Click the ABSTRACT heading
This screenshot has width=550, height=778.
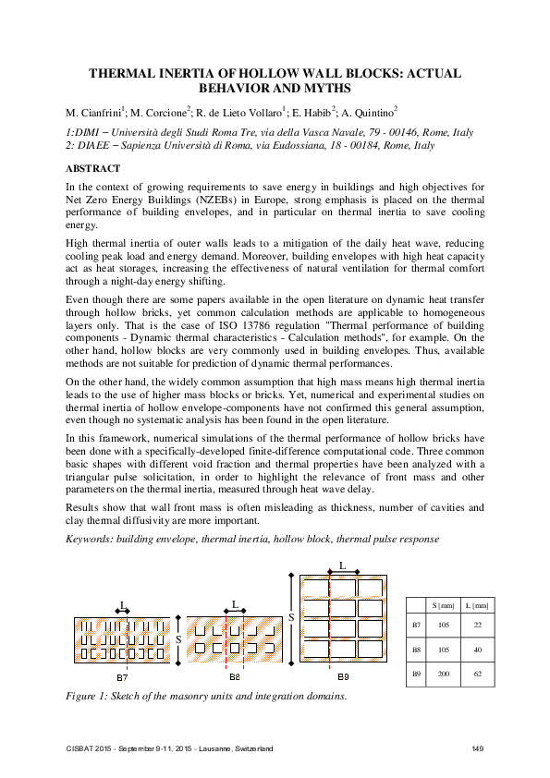click(92, 169)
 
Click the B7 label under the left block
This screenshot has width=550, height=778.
click(122, 677)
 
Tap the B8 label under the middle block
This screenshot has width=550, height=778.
click(235, 677)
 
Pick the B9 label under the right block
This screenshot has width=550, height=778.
click(342, 677)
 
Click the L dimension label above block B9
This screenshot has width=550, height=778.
click(342, 564)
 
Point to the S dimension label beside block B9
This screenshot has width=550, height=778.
click(291, 616)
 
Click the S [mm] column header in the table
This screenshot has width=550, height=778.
click(443, 605)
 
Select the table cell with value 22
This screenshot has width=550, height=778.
click(476, 626)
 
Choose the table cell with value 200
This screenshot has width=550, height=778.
click(443, 675)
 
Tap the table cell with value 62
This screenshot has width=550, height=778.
click(476, 675)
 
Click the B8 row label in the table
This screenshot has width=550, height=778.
click(415, 650)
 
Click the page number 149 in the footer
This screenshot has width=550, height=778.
click(478, 747)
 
